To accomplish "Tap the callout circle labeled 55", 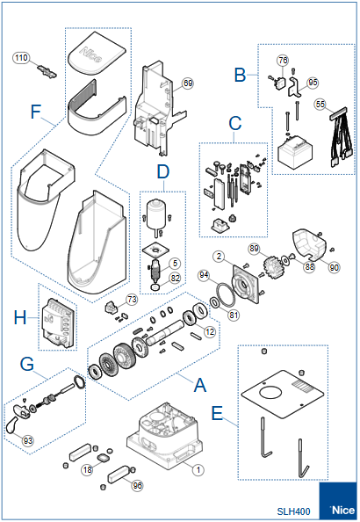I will (x=320, y=104).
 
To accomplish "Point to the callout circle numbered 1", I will (x=198, y=470).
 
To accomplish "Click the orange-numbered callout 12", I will (x=209, y=330).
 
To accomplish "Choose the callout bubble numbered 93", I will (x=28, y=439).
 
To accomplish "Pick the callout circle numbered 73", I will (x=131, y=300).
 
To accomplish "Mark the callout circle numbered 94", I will (x=204, y=275).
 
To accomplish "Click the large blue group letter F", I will (x=35, y=112).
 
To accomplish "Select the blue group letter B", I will (x=240, y=76).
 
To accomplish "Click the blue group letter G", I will (x=27, y=362).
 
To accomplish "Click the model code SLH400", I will (x=294, y=510).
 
